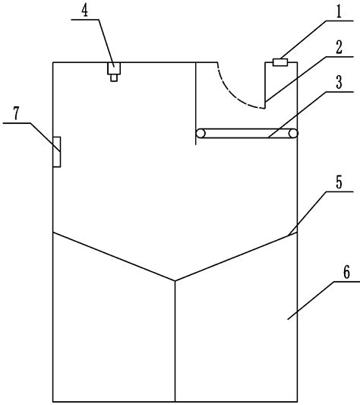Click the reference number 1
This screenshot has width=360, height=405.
[339, 11]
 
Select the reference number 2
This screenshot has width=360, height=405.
[339, 47]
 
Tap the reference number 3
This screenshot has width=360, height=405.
[339, 82]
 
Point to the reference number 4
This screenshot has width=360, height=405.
[85, 11]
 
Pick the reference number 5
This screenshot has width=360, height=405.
[339, 182]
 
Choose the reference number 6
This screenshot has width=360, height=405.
[346, 272]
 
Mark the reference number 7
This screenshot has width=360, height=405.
[16, 113]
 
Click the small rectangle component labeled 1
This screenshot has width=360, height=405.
[280, 62]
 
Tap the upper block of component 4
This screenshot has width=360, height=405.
[114, 68]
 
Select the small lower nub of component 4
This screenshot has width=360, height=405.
[114, 78]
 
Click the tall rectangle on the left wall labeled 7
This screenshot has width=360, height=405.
[57, 152]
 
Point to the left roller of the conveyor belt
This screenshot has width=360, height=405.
[201, 134]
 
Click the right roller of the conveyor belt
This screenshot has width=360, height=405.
[293, 134]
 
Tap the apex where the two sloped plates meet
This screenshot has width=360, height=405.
[175, 280]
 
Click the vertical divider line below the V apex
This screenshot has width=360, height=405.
[175, 341]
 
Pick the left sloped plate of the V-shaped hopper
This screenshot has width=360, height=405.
[114, 257]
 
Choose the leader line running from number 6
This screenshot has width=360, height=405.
[324, 300]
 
